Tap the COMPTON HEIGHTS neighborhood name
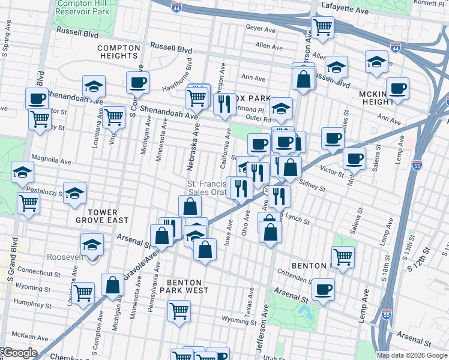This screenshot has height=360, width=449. coord(118,51)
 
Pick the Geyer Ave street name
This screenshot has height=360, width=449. coord(260,28)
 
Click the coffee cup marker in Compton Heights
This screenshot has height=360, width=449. coord(137,82)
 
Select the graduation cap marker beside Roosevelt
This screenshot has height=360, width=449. coord(92,244)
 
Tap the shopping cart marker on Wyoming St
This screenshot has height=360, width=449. coord(179,310)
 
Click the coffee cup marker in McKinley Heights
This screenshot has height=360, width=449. coord(397,88)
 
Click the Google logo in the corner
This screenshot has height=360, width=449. coord(19,353)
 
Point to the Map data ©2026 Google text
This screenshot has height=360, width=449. coord(412,355)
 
